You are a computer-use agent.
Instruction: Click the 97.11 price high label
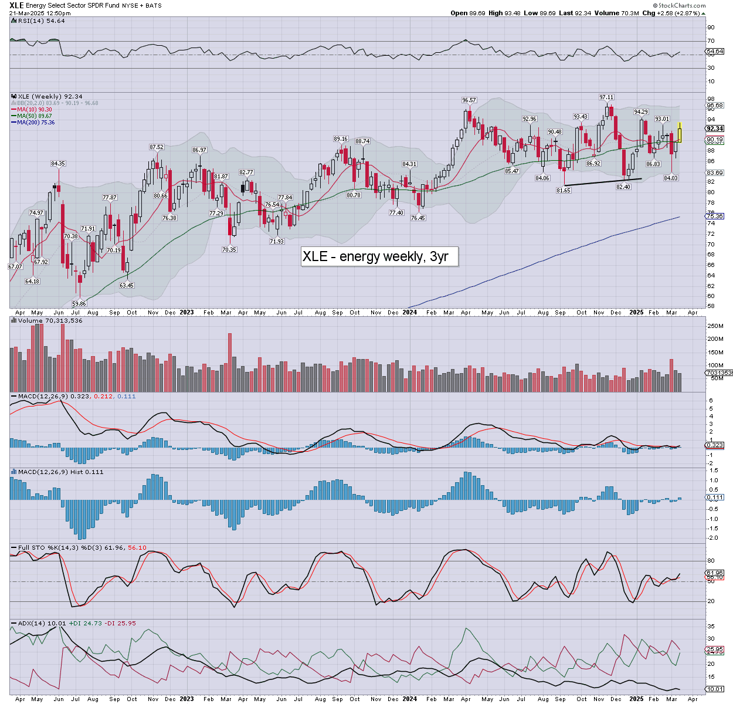(606, 97)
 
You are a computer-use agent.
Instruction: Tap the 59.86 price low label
(79, 303)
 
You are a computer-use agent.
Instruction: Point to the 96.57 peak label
(469, 100)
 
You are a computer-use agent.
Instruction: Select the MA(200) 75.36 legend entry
(36, 122)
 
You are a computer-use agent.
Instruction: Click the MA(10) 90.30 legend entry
(35, 110)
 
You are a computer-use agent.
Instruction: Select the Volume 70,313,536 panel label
(49, 320)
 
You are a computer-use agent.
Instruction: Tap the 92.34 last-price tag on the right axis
(715, 128)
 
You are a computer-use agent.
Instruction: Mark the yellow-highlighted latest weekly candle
(680, 132)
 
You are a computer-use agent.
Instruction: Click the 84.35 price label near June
(58, 164)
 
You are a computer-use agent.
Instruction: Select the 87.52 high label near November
(157, 147)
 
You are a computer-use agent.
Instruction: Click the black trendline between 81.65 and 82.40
(603, 182)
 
